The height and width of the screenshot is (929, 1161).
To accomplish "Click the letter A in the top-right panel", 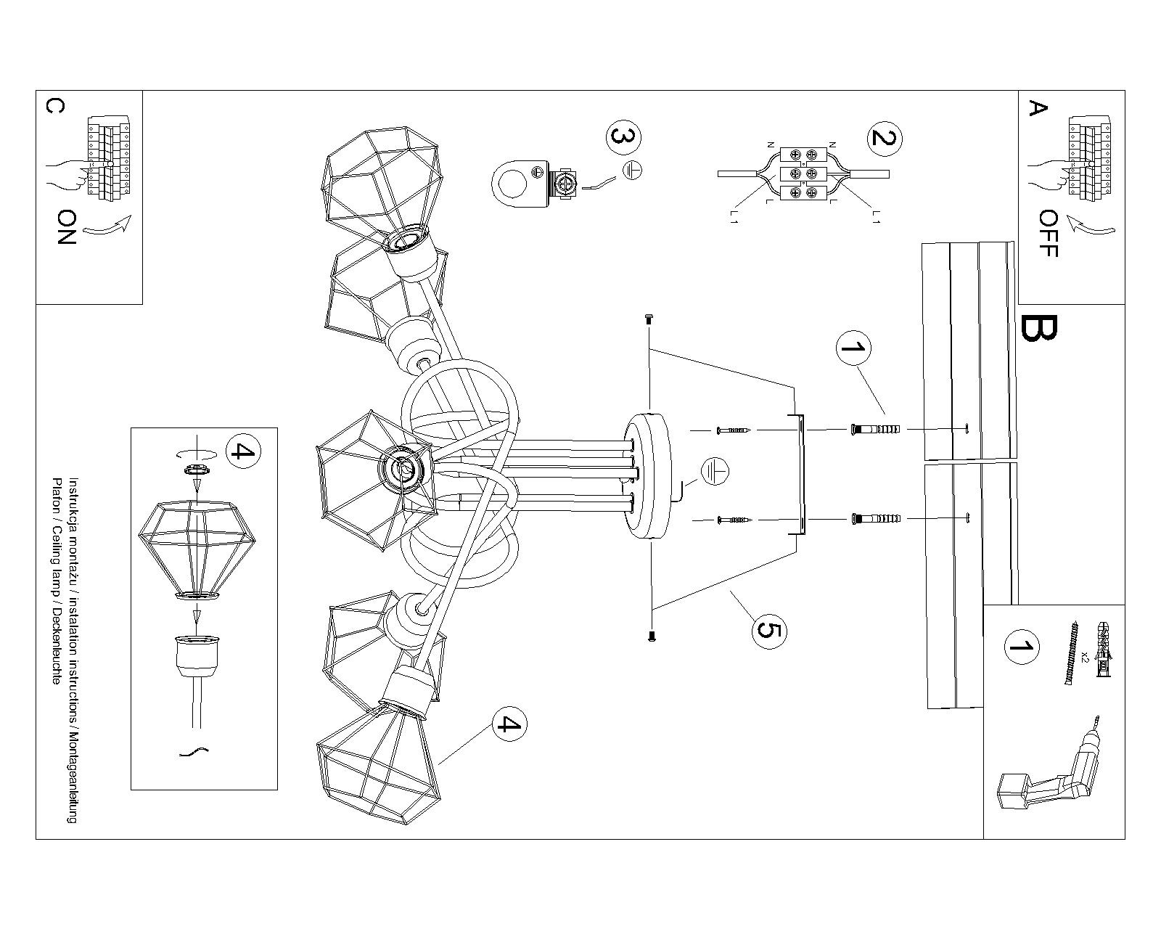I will click(1038, 109).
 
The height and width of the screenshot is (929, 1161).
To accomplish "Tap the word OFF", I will click(1049, 234).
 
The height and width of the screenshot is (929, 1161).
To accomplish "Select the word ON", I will click(66, 227).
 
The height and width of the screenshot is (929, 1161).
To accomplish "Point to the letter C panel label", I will click(54, 107).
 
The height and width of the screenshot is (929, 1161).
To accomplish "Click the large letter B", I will click(1039, 329).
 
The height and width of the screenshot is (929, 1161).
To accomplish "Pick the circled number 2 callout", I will click(882, 138).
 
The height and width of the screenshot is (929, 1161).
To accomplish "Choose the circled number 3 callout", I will click(624, 138).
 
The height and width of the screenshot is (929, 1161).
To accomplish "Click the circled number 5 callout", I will click(768, 629).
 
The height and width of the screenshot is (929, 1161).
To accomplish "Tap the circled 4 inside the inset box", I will click(242, 451).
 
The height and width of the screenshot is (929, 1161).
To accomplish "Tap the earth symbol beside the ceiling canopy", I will click(715, 472).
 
